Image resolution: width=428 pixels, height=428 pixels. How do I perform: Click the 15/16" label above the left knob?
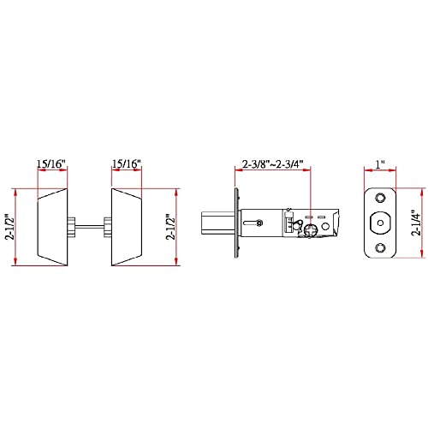(x=51, y=163)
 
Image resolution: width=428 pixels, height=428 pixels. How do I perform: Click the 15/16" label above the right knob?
(x=127, y=163)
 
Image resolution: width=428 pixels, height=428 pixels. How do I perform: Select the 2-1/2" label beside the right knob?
(x=171, y=227)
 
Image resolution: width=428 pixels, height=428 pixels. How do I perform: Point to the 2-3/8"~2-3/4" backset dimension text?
(x=272, y=164)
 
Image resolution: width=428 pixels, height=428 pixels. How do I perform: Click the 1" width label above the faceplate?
(x=380, y=164)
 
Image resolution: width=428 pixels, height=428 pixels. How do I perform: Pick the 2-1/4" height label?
(x=416, y=223)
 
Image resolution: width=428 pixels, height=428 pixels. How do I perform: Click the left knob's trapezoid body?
(x=53, y=227)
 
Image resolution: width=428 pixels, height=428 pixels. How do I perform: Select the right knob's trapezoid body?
(x=127, y=227)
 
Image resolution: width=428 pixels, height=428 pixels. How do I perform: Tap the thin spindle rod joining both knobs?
(x=90, y=227)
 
